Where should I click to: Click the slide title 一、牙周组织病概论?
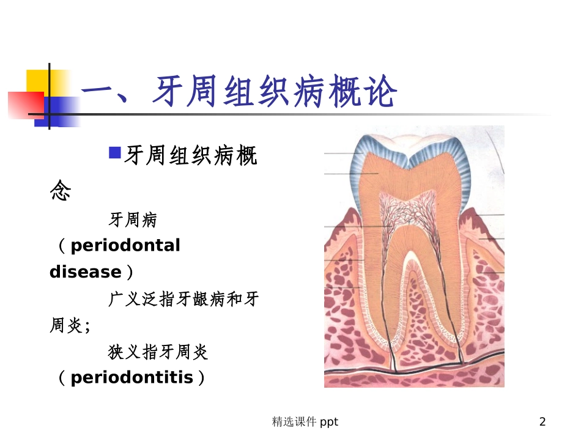click(x=239, y=94)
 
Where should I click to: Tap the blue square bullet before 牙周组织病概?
click(x=114, y=152)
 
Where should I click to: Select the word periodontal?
click(x=125, y=246)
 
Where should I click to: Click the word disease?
click(x=85, y=272)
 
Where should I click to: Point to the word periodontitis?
click(x=131, y=377)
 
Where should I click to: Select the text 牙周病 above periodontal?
click(x=133, y=219)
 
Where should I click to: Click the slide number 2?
click(x=542, y=421)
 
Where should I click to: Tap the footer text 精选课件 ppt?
click(x=305, y=421)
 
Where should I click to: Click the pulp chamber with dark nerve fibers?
click(x=414, y=214)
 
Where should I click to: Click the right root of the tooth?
click(x=456, y=306)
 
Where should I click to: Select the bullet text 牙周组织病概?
click(x=190, y=157)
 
